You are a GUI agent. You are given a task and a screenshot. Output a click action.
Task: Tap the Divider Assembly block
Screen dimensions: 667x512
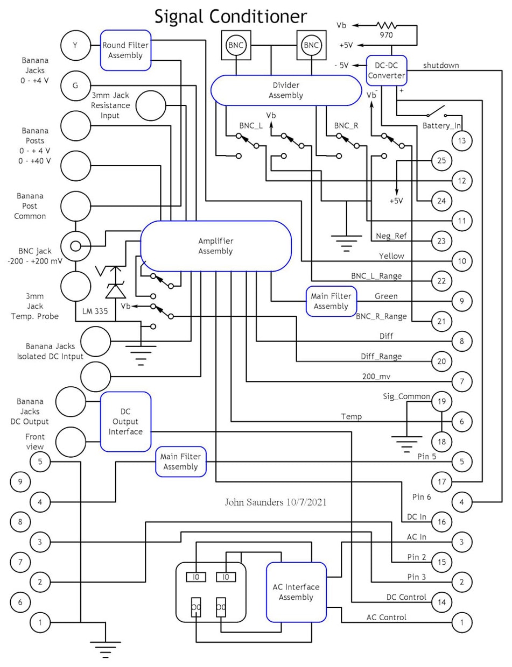click(284, 90)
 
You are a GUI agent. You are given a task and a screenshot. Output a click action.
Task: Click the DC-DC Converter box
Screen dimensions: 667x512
click(386, 70)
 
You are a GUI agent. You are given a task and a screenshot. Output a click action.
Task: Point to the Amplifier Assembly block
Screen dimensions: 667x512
click(215, 246)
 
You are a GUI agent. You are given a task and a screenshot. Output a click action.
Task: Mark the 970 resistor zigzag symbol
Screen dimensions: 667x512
click(386, 25)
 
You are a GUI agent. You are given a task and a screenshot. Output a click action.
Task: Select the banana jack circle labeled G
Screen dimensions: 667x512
click(75, 85)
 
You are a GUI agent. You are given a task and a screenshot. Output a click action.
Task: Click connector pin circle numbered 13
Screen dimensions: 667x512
click(461, 140)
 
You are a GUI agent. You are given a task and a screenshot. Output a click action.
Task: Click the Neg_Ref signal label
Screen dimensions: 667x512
click(390, 236)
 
